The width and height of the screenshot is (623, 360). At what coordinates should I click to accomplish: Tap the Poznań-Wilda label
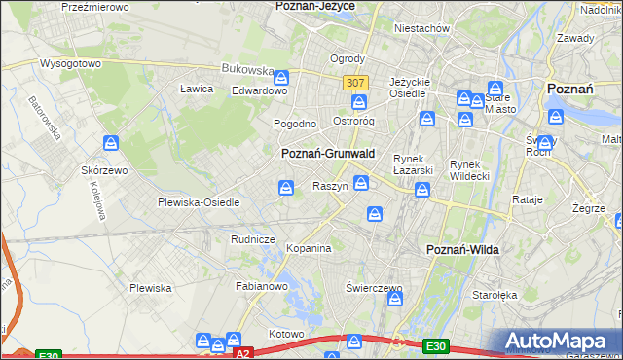pos(462,250)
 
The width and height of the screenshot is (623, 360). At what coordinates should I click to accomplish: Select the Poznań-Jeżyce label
pos(316,6)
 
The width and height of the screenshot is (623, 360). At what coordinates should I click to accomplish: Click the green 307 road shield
pos(354,84)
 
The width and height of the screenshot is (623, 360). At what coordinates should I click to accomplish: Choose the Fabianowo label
pos(261,286)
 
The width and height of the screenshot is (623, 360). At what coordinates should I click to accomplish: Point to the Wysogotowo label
pos(70,63)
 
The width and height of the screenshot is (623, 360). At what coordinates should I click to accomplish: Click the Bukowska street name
pos(247,70)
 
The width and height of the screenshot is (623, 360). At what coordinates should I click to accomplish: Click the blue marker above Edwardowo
pos(281,77)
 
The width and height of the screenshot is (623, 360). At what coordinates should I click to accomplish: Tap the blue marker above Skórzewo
pos(112,144)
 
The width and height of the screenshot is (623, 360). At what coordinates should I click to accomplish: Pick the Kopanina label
pos(309,249)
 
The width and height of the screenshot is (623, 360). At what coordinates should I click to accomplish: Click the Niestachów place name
pos(421,28)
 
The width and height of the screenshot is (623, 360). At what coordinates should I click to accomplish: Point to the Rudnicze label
pos(252,238)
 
